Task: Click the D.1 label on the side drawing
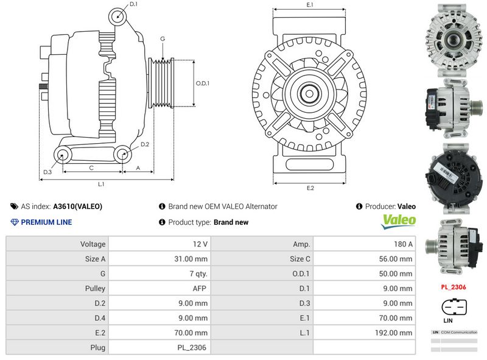[134, 4]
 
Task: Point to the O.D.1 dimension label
[203, 83]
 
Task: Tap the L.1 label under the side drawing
[102, 183]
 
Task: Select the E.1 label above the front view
[310, 5]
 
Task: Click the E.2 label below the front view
[310, 188]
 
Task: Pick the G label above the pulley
[163, 39]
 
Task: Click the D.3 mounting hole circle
[62, 155]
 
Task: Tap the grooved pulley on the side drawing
[162, 83]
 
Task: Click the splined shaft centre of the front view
[310, 94]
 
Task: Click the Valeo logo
[399, 221]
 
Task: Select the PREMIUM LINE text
[46, 222]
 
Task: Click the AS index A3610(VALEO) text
[77, 206]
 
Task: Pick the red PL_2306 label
[454, 286]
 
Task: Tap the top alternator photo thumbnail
[453, 38]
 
